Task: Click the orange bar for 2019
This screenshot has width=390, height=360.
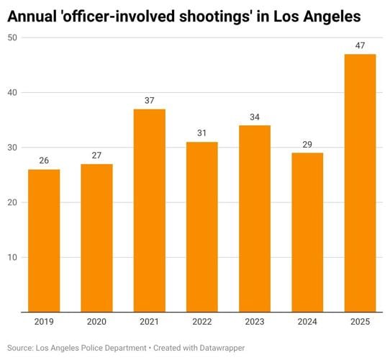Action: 44,240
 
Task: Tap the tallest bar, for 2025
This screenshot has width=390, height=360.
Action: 360,183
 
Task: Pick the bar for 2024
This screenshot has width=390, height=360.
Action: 307,232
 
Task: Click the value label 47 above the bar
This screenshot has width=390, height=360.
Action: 360,46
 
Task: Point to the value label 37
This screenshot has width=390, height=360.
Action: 149,101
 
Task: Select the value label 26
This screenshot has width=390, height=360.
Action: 44,161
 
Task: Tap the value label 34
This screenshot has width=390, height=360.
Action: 255,117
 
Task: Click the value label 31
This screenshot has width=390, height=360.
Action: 202,134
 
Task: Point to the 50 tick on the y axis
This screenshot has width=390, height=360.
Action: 13,37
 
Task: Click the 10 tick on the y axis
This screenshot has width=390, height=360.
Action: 13,257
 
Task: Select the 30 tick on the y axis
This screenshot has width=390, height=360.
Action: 13,148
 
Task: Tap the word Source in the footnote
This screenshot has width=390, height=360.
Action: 22,348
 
